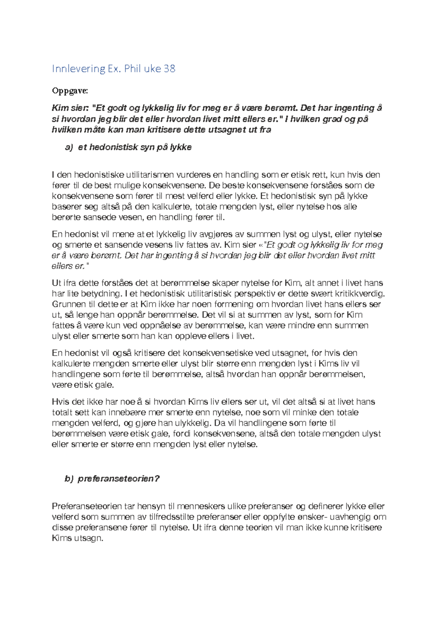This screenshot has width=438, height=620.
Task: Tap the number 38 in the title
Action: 170,69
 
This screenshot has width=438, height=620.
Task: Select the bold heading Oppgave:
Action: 70,91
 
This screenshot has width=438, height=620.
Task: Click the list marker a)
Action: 69,147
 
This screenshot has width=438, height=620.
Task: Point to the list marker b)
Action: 69,479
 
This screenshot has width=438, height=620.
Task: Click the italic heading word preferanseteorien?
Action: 119,479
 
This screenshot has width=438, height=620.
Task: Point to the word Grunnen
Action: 67,304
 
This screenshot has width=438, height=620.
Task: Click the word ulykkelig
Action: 192,423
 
